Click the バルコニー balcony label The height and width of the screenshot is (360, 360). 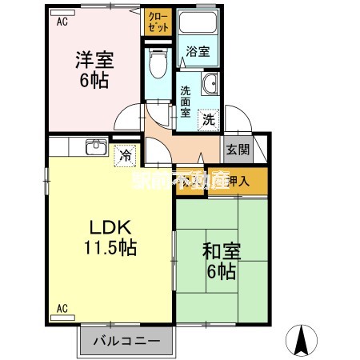124,341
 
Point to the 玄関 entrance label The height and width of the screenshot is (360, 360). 238,149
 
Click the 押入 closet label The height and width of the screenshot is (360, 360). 238,181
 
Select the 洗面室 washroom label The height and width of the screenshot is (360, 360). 185,101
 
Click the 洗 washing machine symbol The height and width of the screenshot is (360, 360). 208,119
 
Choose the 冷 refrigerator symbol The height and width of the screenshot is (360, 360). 125,156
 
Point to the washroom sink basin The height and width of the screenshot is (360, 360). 210,86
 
